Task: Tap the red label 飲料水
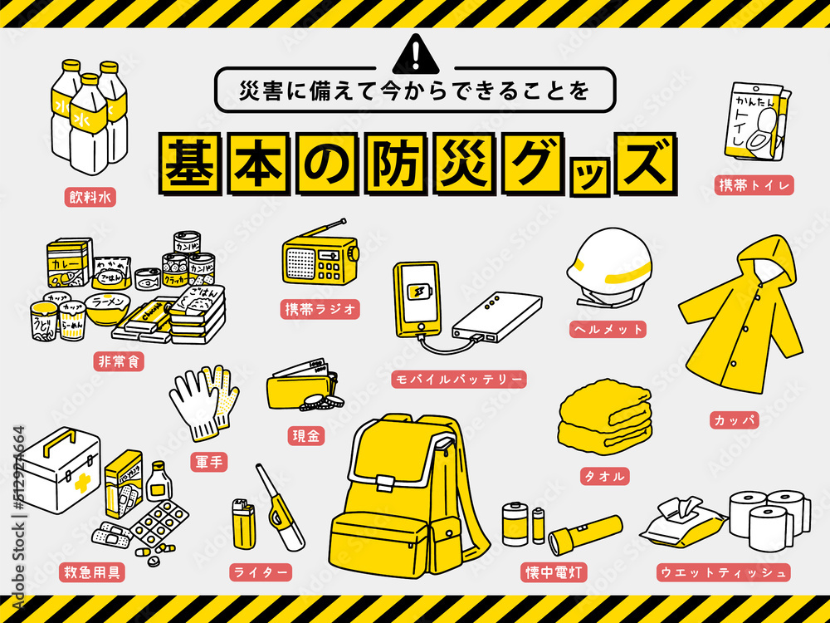[90, 197]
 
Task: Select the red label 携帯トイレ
[754, 184]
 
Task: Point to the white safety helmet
[612, 265]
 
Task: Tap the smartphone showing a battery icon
[418, 298]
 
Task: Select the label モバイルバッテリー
[459, 380]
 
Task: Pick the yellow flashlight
[586, 534]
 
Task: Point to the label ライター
[261, 572]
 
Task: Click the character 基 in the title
[193, 164]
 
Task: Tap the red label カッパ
[735, 420]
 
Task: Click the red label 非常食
[119, 362]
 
